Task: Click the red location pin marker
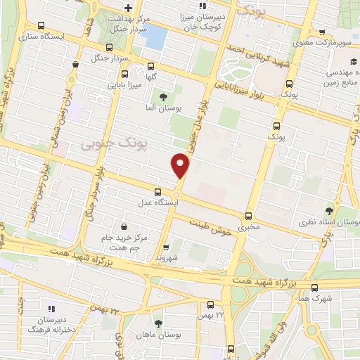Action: (181, 166)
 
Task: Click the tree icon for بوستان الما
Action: (164, 97)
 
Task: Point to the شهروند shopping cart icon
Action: (167, 247)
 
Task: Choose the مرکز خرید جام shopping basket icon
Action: (124, 226)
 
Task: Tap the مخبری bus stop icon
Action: (247, 216)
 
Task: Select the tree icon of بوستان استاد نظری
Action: (330, 210)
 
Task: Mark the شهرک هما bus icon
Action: (314, 287)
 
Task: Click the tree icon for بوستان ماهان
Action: (158, 323)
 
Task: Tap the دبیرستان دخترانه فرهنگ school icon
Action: (50, 309)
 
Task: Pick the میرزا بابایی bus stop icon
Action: (124, 73)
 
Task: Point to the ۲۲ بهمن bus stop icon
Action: (210, 304)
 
